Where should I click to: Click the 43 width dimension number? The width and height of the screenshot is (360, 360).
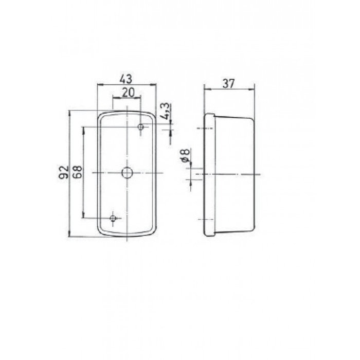[126, 79]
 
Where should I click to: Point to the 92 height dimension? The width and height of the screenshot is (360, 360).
[63, 172]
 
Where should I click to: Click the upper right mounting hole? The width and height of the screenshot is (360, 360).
[140, 127]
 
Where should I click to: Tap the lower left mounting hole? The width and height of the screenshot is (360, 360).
[113, 220]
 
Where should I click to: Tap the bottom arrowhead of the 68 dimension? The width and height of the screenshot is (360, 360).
[83, 218]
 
